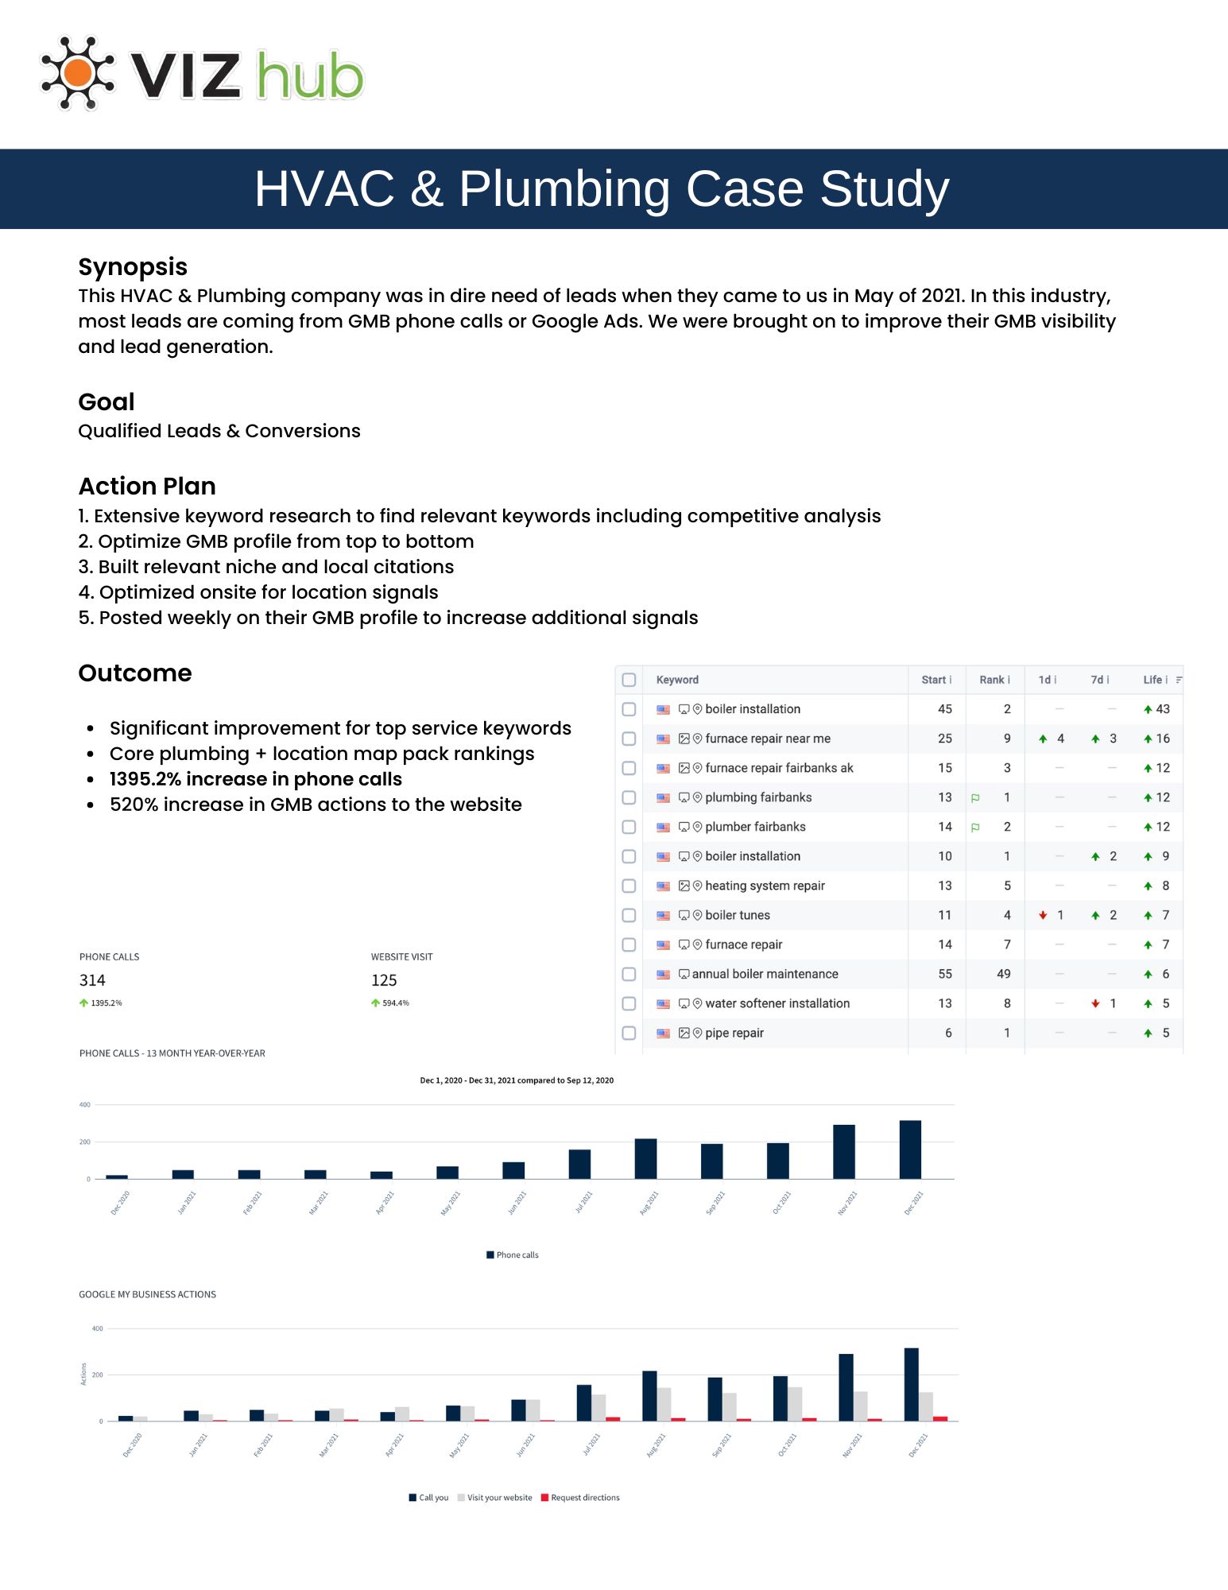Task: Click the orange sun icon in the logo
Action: (78, 73)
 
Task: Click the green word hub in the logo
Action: (310, 76)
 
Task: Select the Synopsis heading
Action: (133, 267)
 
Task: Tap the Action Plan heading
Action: (147, 486)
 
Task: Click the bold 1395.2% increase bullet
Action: (255, 779)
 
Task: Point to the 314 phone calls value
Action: (92, 980)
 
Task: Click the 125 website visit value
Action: (384, 980)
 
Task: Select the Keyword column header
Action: (677, 680)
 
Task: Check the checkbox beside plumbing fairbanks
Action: (629, 797)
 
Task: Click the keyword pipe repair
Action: (734, 1033)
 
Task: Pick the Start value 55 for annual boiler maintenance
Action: (944, 974)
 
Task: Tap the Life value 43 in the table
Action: (1162, 709)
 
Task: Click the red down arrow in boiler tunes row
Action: (1043, 915)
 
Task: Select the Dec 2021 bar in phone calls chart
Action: (910, 1150)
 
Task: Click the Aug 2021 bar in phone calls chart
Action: (645, 1159)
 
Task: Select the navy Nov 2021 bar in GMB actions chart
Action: (846, 1387)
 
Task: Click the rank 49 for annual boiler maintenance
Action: (1003, 974)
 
